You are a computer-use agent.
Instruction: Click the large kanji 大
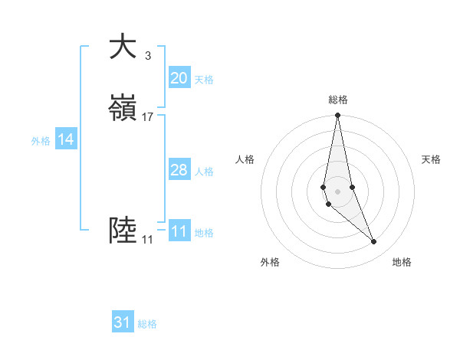(123, 47)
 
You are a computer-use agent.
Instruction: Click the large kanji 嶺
(123, 109)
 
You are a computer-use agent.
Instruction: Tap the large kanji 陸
(123, 231)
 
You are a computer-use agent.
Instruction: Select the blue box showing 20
(179, 78)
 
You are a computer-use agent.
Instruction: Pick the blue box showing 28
(179, 170)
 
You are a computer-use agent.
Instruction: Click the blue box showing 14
(66, 139)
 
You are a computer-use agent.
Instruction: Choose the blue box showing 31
(123, 322)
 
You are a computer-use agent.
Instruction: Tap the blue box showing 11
(179, 231)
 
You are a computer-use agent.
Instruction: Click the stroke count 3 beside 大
(147, 56)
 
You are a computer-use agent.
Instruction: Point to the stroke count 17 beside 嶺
(148, 117)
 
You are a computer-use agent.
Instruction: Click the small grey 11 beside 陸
(147, 240)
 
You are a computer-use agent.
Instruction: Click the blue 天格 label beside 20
(204, 80)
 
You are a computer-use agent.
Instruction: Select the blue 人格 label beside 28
(204, 172)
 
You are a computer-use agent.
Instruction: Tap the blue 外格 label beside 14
(41, 141)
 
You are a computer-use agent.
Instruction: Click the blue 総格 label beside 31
(147, 324)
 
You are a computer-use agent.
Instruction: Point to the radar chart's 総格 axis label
(338, 100)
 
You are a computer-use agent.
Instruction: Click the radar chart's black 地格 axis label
(402, 262)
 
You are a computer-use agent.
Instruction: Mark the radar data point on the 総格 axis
(337, 116)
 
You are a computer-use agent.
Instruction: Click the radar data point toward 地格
(374, 242)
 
